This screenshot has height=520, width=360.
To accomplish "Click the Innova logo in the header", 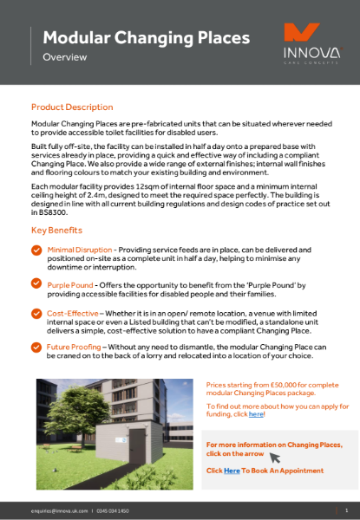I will click(x=308, y=43).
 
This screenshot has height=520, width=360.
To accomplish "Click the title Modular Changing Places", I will click(x=146, y=37).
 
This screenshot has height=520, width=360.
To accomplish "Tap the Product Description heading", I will click(x=72, y=107).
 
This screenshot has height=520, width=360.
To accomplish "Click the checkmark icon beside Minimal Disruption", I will click(x=36, y=250).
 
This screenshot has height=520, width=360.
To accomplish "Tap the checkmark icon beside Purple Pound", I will click(x=36, y=284).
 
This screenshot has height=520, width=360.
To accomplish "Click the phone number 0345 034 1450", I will click(x=113, y=511).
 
